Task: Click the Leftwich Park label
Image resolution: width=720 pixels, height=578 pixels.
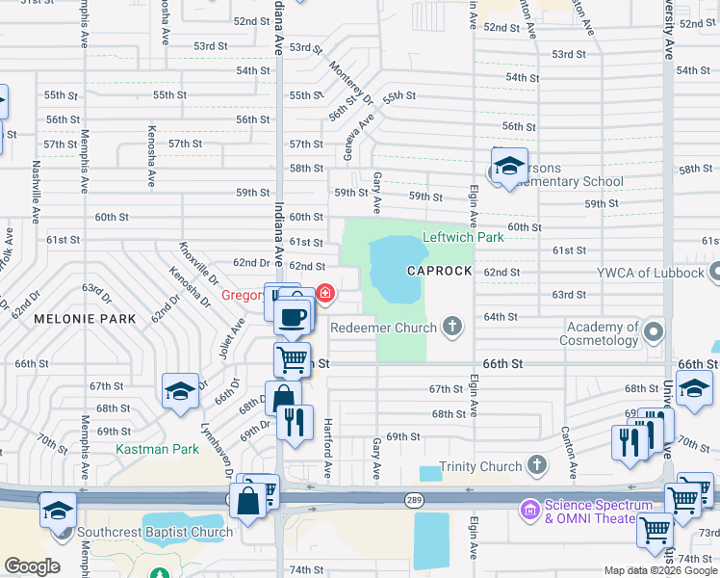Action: [x=463, y=237]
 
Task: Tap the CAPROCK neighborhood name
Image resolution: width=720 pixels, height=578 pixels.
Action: [x=439, y=272]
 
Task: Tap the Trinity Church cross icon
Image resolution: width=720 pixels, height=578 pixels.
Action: [x=536, y=467]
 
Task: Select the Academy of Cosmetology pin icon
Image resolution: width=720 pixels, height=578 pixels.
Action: [x=655, y=333]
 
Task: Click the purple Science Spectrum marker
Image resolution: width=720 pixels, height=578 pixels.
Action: [x=528, y=506]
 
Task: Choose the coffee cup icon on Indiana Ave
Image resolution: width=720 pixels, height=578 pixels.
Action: [x=293, y=316]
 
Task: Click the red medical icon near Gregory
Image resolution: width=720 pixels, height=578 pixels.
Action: [x=325, y=293]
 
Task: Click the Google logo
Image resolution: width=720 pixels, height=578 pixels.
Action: [x=32, y=566]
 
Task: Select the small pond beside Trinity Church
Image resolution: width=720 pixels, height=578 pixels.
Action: [x=431, y=474]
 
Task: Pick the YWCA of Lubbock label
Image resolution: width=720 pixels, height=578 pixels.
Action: [x=650, y=273]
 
